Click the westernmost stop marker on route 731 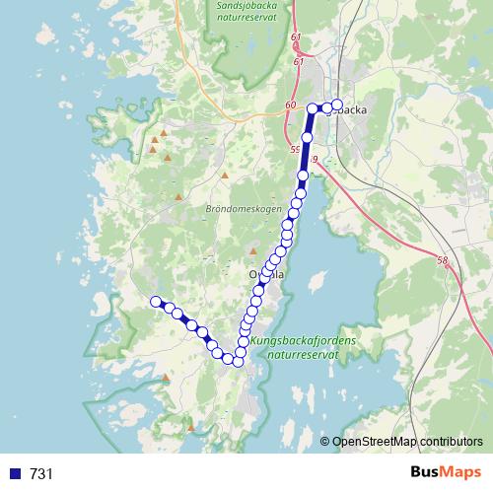point(154,302)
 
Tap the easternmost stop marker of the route point(336,105)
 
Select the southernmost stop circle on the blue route point(238,362)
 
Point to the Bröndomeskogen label point(245,210)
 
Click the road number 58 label point(441,261)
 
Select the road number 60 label point(290,106)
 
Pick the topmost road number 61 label point(296,37)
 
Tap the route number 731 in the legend point(41,473)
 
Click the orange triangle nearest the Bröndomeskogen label point(224,177)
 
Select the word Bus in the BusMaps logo point(427,472)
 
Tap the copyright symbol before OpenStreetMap point(324,441)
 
